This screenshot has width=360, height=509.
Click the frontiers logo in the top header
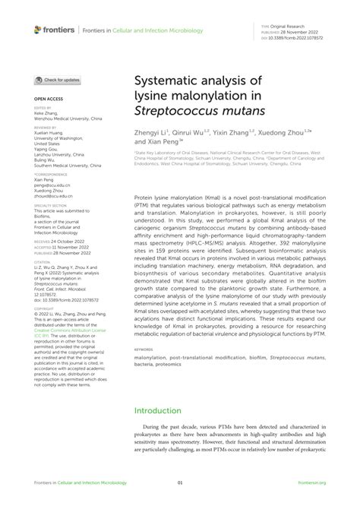[54, 30]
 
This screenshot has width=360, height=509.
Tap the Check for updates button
[58, 80]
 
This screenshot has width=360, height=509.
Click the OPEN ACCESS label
[47, 99]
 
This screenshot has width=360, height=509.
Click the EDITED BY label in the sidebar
[43, 109]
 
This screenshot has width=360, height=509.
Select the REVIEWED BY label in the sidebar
[46, 128]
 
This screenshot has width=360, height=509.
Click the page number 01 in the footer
[179, 482]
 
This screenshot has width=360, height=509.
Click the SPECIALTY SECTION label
[52, 205]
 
